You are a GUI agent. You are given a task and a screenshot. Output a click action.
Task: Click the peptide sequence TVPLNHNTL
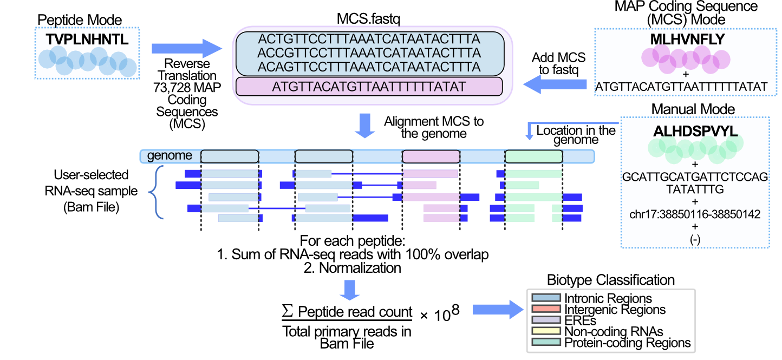(x=87, y=40)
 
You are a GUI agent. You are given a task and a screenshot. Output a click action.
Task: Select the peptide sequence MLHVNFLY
(x=687, y=39)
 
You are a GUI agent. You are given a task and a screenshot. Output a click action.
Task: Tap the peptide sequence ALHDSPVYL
(x=695, y=131)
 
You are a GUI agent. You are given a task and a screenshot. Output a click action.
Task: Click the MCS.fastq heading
(x=368, y=19)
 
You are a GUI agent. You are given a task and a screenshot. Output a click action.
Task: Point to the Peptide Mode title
(x=80, y=20)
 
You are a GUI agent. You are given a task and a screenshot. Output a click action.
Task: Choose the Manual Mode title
(x=693, y=109)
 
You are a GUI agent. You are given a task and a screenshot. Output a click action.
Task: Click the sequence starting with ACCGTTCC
(x=369, y=53)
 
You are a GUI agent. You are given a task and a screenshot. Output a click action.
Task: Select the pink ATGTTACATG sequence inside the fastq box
(x=369, y=87)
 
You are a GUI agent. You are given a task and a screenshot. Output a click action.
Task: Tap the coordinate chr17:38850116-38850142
(x=695, y=214)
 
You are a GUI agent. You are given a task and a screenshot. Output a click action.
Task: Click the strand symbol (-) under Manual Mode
(x=695, y=239)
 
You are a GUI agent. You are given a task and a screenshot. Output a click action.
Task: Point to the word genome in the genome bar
(x=170, y=155)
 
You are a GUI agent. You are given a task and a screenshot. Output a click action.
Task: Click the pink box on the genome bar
(x=431, y=156)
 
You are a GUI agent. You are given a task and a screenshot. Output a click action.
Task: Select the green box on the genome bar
(x=534, y=156)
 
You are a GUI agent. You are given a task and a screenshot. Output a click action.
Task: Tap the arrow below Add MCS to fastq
(x=555, y=84)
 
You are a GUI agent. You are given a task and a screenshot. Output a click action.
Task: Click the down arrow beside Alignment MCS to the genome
(x=365, y=126)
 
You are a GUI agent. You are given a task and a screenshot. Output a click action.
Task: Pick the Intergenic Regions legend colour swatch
(x=546, y=309)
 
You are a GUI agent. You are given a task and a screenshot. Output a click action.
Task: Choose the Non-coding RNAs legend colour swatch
(x=546, y=331)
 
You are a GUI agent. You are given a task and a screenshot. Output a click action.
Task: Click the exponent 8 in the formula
(x=455, y=310)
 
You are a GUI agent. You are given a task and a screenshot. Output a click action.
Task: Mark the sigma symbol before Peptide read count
(x=288, y=310)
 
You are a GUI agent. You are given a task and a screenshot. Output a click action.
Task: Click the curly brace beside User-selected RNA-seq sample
(x=157, y=192)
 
